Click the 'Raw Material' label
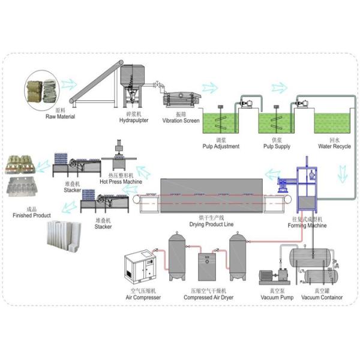click(60, 116)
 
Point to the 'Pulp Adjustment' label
click(222, 146)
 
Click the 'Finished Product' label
click(34, 214)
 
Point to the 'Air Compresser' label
click(143, 298)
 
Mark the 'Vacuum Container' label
click(322, 297)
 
